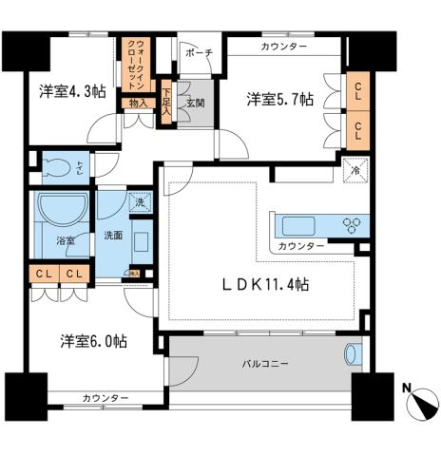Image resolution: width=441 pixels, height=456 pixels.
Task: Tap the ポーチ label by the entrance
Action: click(200, 52)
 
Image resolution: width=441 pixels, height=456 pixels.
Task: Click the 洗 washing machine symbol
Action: click(140, 202)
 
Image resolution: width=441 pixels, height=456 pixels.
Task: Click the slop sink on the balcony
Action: click(352, 354)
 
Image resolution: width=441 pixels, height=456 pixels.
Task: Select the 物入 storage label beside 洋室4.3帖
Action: click(137, 103)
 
